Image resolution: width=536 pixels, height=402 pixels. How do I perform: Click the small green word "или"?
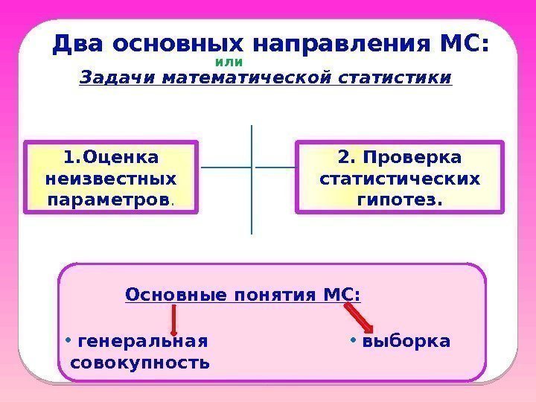[x=229, y=63]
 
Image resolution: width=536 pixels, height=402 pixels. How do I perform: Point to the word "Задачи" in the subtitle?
[x=109, y=77]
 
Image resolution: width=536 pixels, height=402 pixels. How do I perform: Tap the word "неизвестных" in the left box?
[x=112, y=179]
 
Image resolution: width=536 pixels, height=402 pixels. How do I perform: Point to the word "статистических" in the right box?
[x=400, y=179]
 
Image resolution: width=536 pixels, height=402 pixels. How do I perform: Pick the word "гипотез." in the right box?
[x=400, y=200]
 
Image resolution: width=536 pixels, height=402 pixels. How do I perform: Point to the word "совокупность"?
[x=139, y=363]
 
